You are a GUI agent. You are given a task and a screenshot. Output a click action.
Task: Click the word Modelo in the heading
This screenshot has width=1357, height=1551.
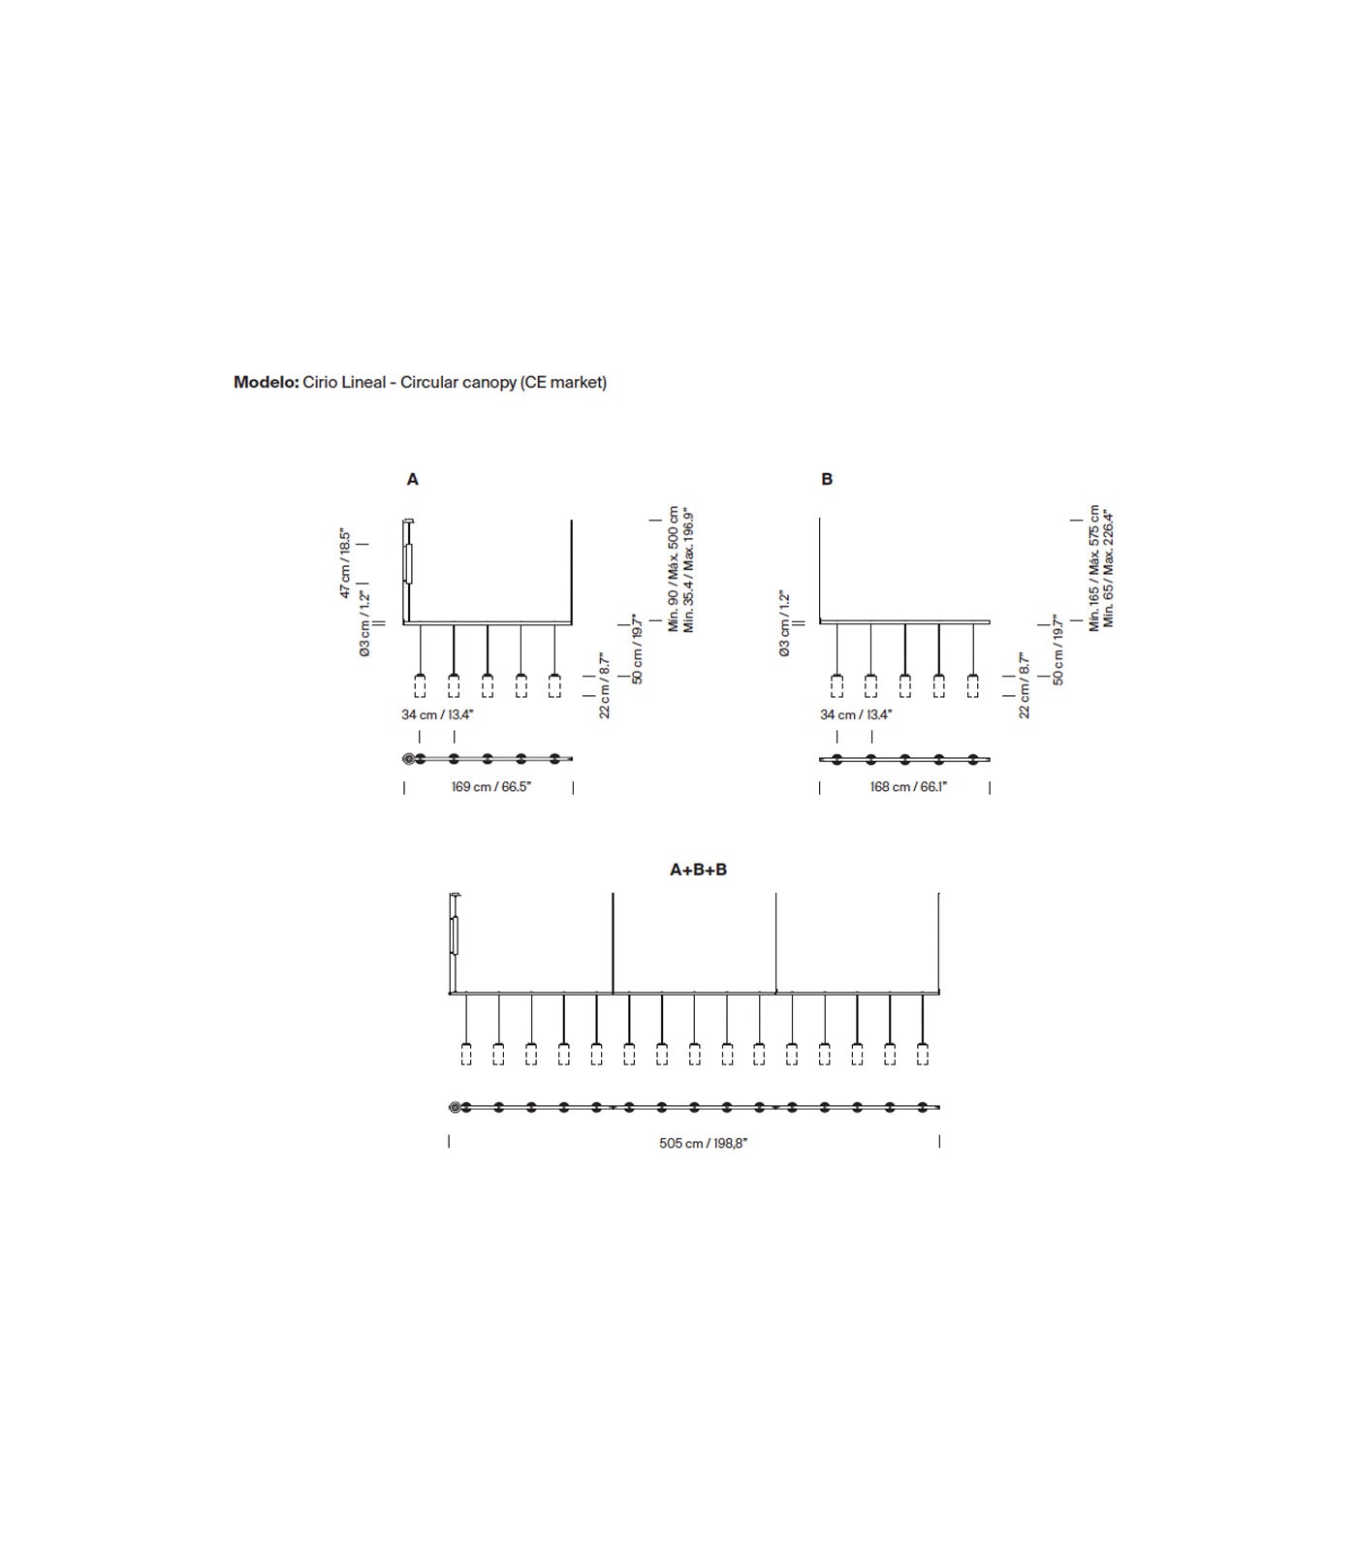coord(266,382)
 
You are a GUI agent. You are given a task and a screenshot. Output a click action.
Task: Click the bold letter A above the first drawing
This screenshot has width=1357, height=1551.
coord(413,479)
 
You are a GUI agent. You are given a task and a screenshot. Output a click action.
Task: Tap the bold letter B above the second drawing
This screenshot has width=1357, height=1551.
coord(827,479)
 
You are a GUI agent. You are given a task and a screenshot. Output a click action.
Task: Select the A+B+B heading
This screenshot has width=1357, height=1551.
coord(698,870)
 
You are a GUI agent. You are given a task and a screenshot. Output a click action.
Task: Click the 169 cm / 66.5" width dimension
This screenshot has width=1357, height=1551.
coord(491,786)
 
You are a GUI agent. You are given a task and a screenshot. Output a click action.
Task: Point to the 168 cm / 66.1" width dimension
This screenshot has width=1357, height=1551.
coord(908,786)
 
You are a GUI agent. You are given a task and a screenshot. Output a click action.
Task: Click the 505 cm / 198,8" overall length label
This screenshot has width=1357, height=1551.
coord(704,1143)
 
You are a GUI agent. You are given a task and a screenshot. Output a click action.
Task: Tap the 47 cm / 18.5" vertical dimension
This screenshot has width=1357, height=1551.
coord(345,563)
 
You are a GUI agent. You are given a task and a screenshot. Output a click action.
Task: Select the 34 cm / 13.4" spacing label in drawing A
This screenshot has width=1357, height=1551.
coord(437,714)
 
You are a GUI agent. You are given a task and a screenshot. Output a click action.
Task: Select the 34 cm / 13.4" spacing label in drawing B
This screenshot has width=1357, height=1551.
coord(856,714)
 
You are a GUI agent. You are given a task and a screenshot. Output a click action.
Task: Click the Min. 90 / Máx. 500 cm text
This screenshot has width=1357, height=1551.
coord(674,568)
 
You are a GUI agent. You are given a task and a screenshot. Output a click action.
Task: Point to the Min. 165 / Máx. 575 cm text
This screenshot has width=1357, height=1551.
coord(1094,568)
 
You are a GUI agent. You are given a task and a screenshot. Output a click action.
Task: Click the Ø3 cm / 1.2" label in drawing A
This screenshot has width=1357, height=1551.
coord(364,624)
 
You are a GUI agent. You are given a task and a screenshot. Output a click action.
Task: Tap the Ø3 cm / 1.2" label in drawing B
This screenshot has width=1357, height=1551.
coord(784,624)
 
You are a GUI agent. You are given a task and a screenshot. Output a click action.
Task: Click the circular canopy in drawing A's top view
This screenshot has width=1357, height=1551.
coord(409,759)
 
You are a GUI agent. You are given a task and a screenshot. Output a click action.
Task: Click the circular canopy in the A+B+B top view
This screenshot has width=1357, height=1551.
coord(456,1107)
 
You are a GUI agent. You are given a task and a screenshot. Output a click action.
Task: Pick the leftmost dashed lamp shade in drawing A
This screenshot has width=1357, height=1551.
coord(420,685)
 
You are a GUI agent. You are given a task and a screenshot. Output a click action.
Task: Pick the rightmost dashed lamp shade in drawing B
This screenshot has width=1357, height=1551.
coord(972,685)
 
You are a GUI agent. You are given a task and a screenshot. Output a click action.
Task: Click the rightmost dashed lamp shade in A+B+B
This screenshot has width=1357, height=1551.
coord(922,1054)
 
